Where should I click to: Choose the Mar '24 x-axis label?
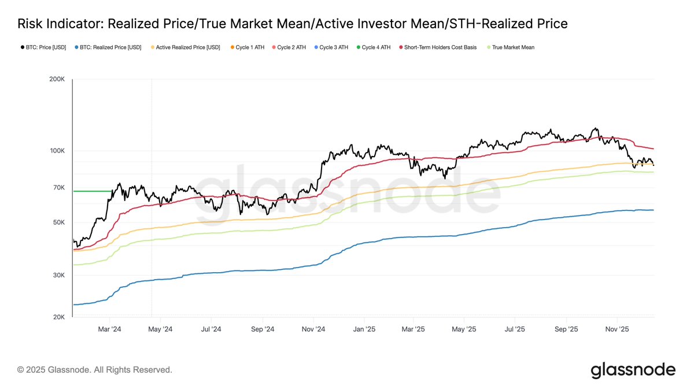109,329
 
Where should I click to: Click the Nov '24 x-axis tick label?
313,329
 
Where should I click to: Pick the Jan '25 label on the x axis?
364,329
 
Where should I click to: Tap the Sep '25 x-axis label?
566,329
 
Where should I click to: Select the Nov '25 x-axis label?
617,329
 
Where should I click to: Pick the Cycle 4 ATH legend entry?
376,47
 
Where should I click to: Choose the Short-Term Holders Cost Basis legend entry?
440,47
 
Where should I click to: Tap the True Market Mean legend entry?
513,47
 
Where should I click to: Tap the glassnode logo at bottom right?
633,370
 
